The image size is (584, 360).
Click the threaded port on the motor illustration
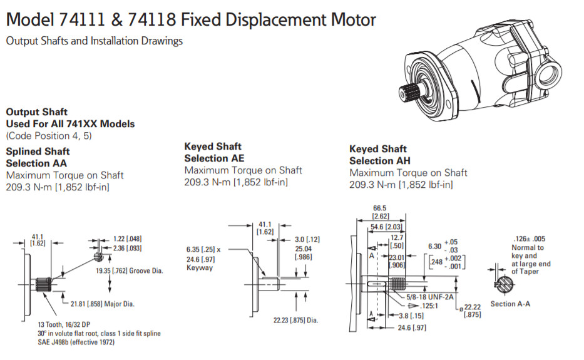(550, 69)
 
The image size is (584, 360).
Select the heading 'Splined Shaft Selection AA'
(38, 157)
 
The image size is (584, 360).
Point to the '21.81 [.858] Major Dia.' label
(103, 304)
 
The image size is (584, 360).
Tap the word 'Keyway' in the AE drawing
(200, 268)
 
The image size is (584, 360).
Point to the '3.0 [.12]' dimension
(308, 240)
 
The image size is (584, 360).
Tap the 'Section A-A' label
(511, 304)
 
